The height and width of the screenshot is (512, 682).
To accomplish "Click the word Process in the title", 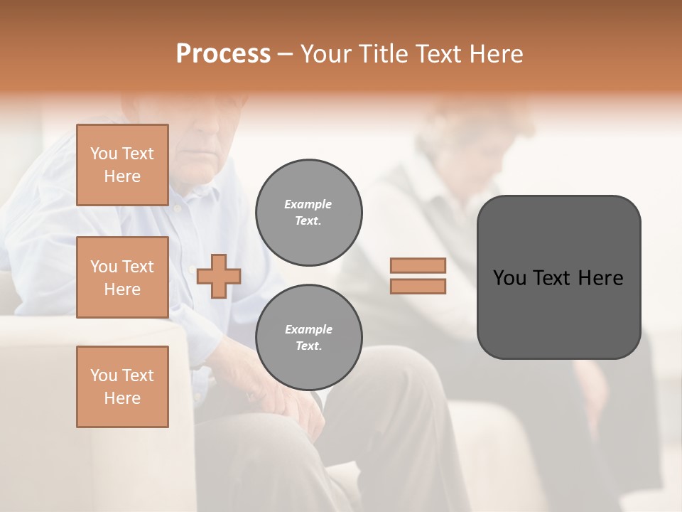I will pyautogui.click(x=223, y=54).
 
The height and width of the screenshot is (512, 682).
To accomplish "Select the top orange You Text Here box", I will pyautogui.click(x=122, y=165).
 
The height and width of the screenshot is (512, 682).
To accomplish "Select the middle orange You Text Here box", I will pyautogui.click(x=122, y=277).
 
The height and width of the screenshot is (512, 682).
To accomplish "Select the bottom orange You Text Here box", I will pyautogui.click(x=122, y=386).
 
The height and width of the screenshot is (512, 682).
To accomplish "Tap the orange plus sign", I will pyautogui.click(x=219, y=275).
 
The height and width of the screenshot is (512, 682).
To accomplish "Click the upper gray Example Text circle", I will pyautogui.click(x=308, y=213).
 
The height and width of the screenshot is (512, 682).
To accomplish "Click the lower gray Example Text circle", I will pyautogui.click(x=308, y=338).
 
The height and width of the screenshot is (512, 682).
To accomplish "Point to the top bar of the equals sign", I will pyautogui.click(x=418, y=265).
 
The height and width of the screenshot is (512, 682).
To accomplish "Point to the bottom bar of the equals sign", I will pyautogui.click(x=418, y=287).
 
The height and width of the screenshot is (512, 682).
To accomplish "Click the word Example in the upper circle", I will pyautogui.click(x=308, y=205).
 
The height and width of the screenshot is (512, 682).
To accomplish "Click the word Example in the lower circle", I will pyautogui.click(x=308, y=330).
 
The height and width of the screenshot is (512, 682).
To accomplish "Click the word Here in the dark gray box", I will pyautogui.click(x=601, y=278).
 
